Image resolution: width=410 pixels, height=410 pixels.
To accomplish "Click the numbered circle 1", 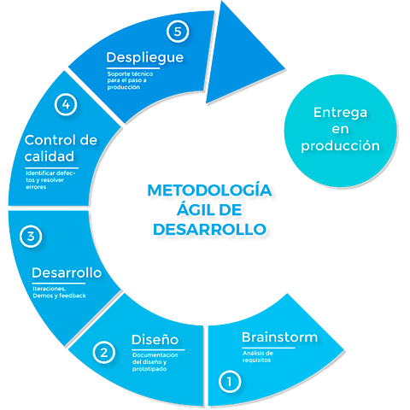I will click(228, 381).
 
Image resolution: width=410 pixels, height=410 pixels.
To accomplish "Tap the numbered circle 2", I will click(103, 352).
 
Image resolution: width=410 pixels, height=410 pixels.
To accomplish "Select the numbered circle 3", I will click(31, 237).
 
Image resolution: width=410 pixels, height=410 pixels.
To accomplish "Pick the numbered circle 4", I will click(66, 105).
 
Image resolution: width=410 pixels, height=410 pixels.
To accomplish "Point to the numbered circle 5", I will click(177, 32).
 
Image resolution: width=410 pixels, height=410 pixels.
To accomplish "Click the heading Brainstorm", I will click(279, 337).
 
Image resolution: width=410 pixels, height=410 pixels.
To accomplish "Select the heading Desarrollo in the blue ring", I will click(67, 273).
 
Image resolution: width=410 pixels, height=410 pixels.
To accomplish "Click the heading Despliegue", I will click(146, 57).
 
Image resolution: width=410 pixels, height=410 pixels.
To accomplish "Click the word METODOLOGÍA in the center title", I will click(208, 189).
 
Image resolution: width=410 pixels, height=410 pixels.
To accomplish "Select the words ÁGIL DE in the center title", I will click(208, 208).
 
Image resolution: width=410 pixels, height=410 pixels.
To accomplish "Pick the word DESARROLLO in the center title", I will click(208, 228).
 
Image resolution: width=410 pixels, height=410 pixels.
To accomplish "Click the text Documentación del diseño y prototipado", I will click(155, 362).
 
